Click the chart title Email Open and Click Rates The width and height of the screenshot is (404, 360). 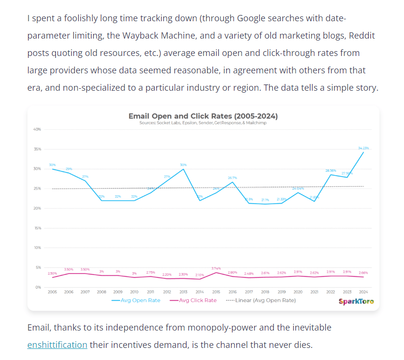pos(203,116)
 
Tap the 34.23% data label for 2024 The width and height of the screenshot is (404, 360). pos(363,148)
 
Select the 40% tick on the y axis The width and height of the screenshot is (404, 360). pos(37,129)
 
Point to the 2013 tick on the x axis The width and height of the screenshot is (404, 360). pos(183,292)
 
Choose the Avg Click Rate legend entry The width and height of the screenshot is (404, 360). pos(193,300)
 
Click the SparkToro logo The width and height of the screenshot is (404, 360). pos(356,302)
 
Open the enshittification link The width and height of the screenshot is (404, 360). pos(57,345)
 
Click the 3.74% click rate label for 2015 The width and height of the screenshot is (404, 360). pos(216,268)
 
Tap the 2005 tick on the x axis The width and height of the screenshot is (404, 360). pos(52,292)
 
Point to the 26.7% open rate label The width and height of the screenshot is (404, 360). pos(233,178)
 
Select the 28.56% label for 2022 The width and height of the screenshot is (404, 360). pos(331,170)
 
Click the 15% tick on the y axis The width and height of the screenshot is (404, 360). pos(37,228)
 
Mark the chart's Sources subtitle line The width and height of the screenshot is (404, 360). pos(203,123)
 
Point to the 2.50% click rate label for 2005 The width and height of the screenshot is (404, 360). pos(52,274)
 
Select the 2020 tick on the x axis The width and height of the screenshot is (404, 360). pos(298,292)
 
